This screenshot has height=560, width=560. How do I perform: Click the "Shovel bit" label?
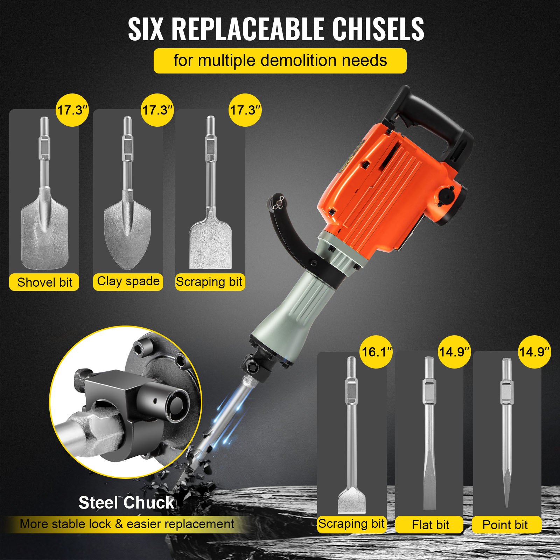coord(44,282)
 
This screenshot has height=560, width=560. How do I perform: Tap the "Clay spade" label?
coord(128,281)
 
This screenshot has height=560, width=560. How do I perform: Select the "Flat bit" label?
coord(430,525)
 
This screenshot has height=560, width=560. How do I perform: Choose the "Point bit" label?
coord(505,525)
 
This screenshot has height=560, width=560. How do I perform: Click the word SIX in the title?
coord(146,29)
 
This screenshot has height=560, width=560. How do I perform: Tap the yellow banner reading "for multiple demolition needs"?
coord(280,61)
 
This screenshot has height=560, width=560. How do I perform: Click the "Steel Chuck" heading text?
coord(126,503)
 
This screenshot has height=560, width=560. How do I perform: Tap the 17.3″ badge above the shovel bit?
coord(72,110)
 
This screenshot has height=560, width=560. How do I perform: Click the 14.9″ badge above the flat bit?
coord(454,352)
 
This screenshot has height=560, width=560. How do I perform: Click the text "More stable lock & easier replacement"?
coord(127,524)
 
